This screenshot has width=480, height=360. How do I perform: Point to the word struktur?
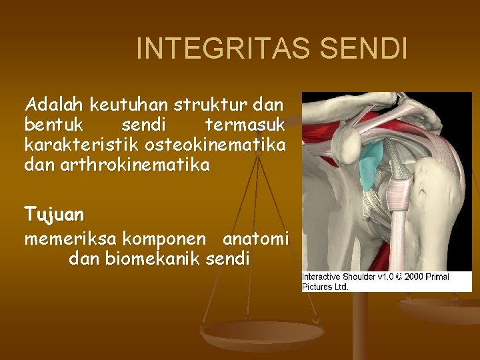coord(214,105)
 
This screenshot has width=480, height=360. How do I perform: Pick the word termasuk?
coord(245,125)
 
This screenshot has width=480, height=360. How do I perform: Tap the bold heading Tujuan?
coord(55,215)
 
